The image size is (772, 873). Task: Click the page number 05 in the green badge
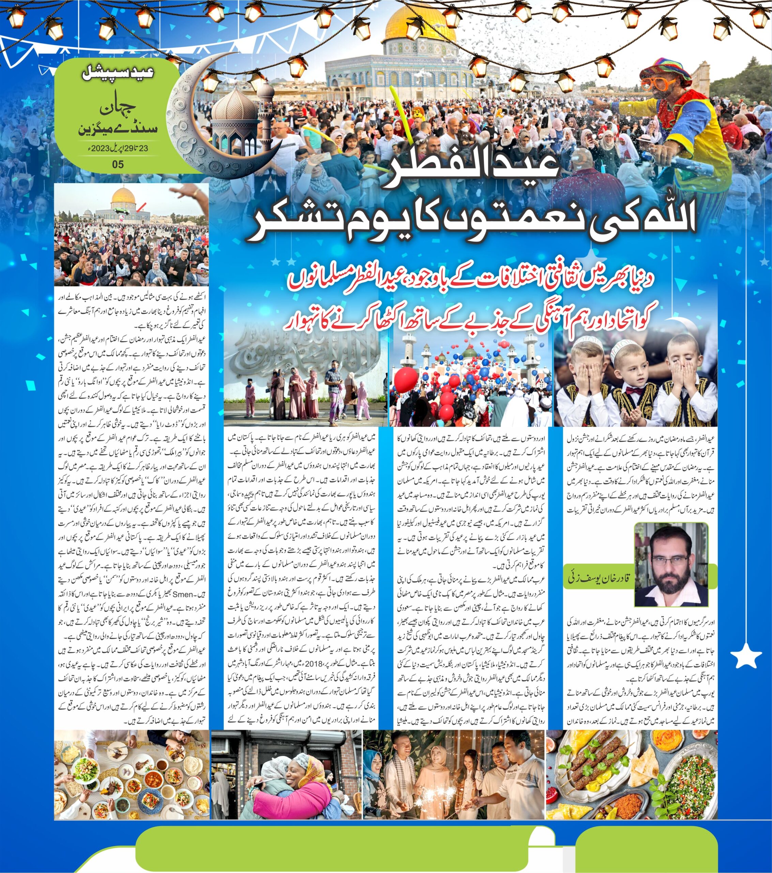tap(118, 164)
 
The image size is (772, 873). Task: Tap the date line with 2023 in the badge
tap(118, 149)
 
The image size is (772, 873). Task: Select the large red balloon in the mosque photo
tap(406, 379)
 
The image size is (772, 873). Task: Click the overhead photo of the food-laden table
tap(132, 773)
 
